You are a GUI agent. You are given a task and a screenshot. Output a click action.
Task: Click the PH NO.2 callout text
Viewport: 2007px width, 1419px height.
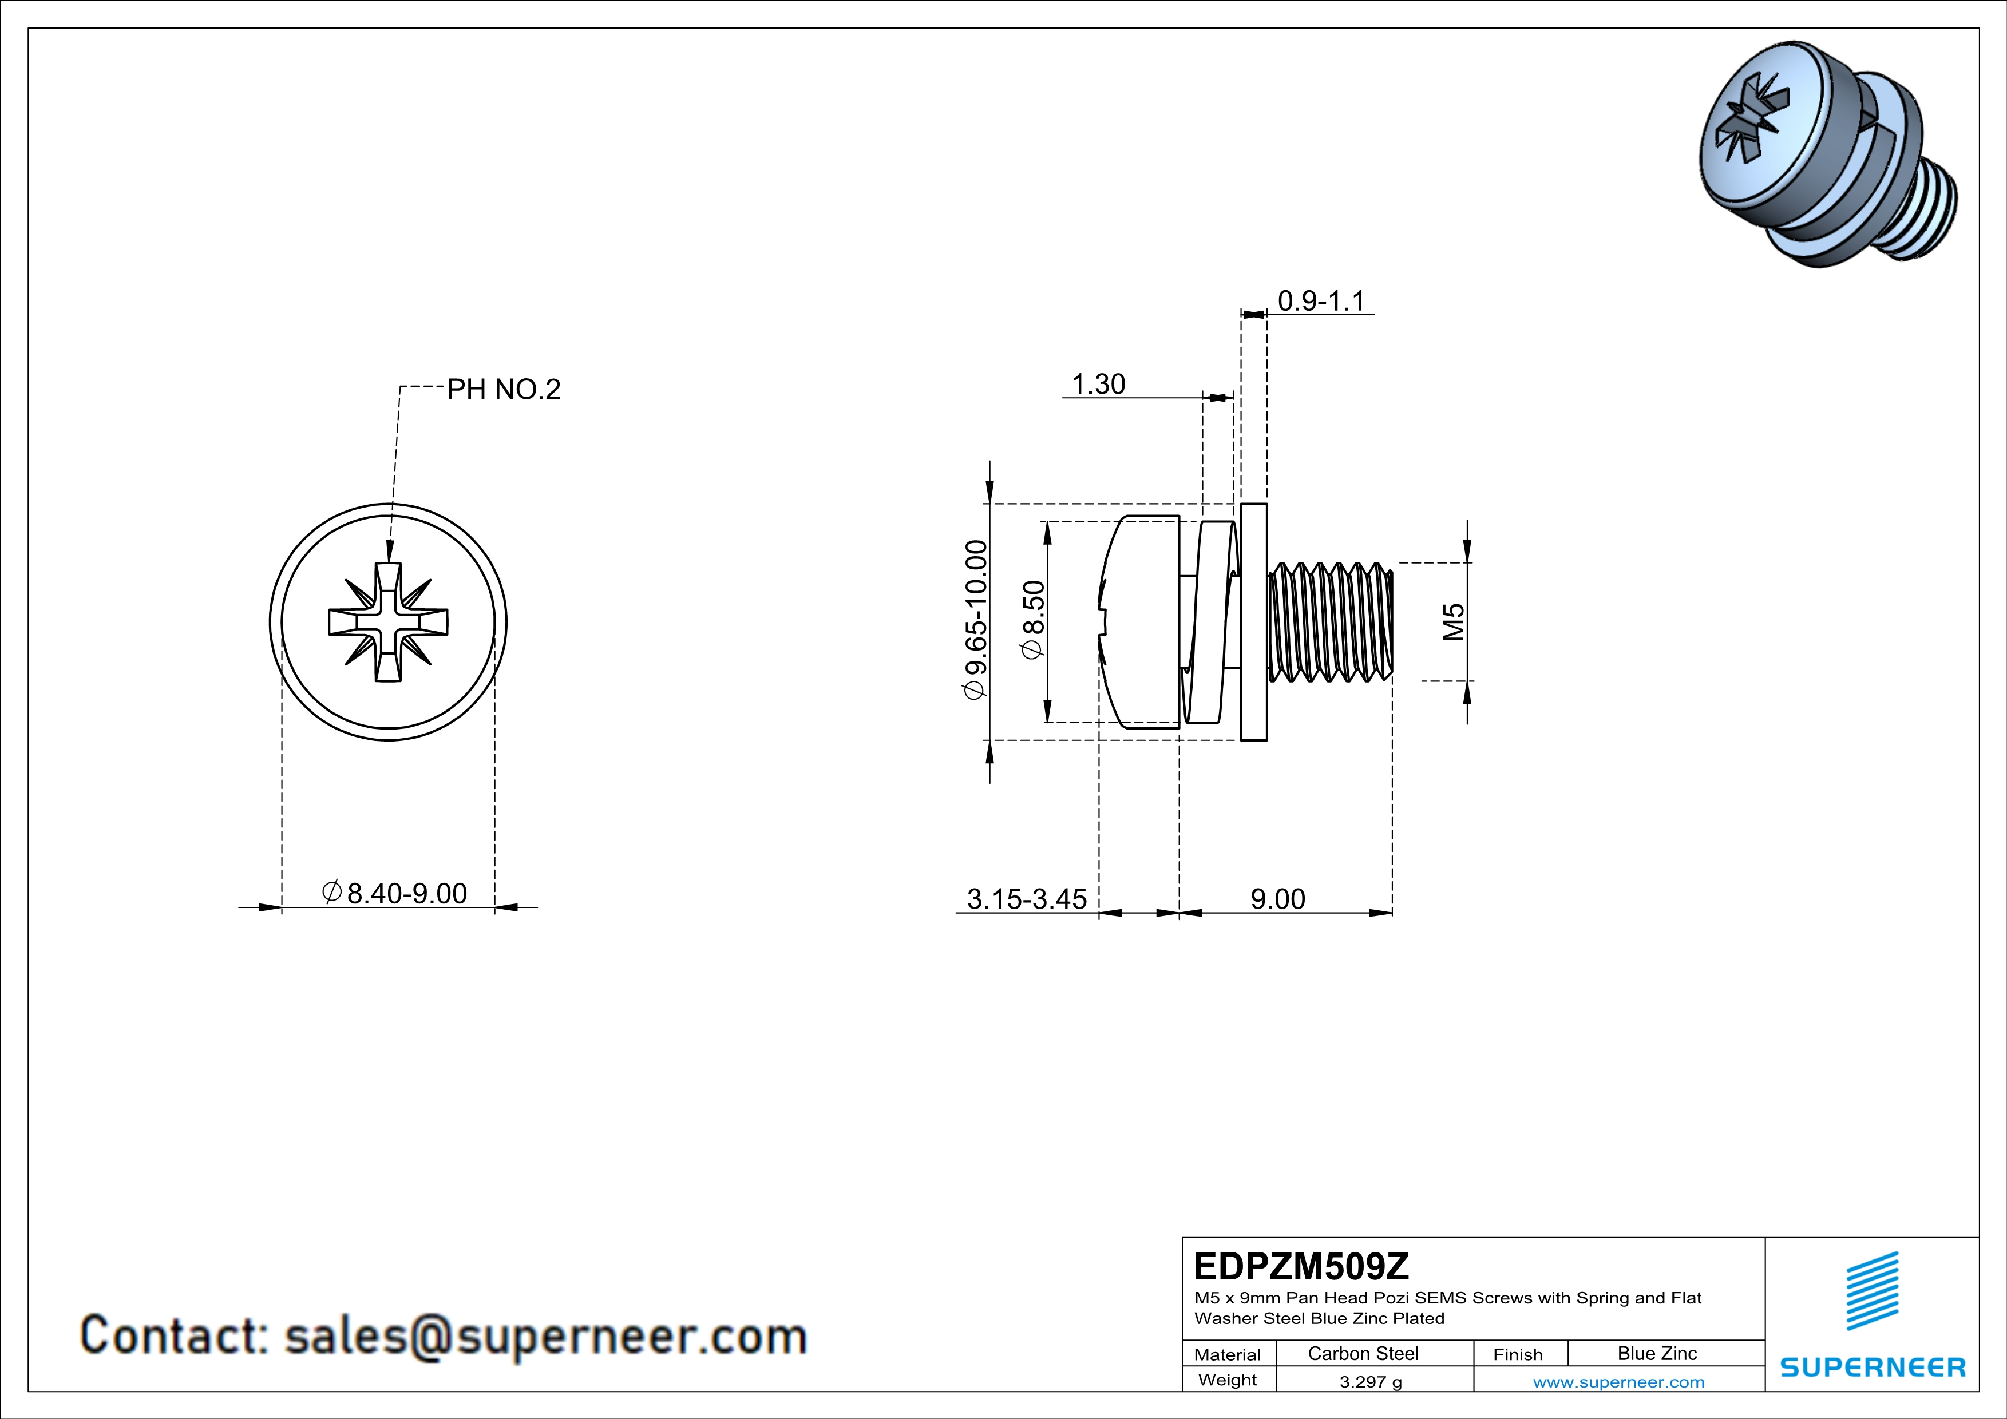(x=504, y=389)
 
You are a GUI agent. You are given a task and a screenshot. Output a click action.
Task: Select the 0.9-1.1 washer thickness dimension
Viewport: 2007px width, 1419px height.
(x=1321, y=300)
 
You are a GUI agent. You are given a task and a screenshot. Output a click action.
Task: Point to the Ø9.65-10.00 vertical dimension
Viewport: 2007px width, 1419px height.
(x=976, y=620)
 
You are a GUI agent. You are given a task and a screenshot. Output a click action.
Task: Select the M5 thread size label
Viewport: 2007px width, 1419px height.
(x=1452, y=621)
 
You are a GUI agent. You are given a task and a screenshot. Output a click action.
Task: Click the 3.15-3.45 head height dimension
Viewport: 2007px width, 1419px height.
(x=1026, y=898)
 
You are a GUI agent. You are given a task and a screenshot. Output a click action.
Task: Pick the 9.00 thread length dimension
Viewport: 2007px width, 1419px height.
(x=1277, y=898)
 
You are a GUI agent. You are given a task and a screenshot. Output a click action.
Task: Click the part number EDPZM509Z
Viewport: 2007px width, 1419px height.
(x=1301, y=1266)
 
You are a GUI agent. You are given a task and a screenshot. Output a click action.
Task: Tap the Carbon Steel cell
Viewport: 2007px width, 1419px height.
(x=1363, y=1353)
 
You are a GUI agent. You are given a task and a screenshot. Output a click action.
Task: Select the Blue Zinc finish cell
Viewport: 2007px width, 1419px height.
(x=1656, y=1353)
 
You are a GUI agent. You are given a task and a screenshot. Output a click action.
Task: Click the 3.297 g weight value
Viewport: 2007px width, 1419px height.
(x=1369, y=1381)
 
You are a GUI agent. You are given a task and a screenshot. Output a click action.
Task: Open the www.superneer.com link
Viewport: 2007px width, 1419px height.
(x=1618, y=1381)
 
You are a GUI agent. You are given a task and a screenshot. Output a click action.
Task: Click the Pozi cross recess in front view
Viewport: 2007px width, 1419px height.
(x=388, y=622)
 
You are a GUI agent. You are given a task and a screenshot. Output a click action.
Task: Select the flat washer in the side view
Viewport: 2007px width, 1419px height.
(x=1253, y=622)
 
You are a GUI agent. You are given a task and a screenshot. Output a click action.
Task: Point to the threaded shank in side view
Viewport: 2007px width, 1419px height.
(x=1329, y=622)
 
